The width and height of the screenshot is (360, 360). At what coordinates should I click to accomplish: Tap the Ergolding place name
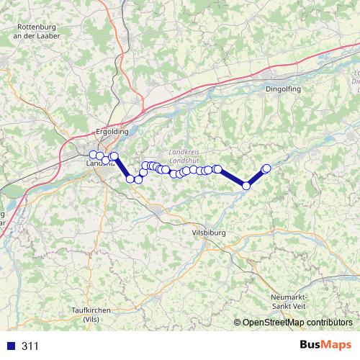click(112, 132)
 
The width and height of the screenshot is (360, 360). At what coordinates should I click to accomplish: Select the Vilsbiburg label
click(209, 233)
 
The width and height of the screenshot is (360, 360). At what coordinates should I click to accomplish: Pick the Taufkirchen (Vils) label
click(91, 314)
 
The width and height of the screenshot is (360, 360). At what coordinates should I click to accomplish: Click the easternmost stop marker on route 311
click(266, 168)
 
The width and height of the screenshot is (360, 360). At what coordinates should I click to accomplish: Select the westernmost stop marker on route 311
click(92, 155)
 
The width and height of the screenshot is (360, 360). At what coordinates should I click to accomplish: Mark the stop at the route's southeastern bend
click(246, 186)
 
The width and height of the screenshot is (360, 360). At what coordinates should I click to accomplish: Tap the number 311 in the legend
click(30, 346)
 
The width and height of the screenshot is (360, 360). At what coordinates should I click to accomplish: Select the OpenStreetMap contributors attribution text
click(297, 323)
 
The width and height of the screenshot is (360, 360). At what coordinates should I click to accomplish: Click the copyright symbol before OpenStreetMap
click(238, 323)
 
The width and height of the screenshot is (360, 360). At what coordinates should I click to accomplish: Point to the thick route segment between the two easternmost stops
click(256, 177)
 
